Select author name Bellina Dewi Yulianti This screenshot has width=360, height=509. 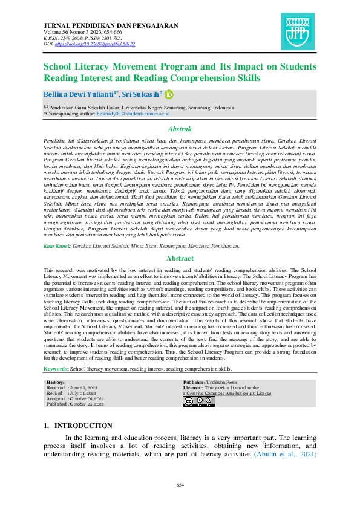(x=79, y=94)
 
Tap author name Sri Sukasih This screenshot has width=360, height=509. (x=140, y=94)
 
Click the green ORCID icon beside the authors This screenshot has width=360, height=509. (x=169, y=94)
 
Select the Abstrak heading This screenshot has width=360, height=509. (x=179, y=129)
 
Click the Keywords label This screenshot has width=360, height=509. (x=56, y=368)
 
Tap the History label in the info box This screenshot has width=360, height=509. (x=56, y=383)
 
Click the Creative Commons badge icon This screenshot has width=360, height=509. (x=191, y=401)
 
